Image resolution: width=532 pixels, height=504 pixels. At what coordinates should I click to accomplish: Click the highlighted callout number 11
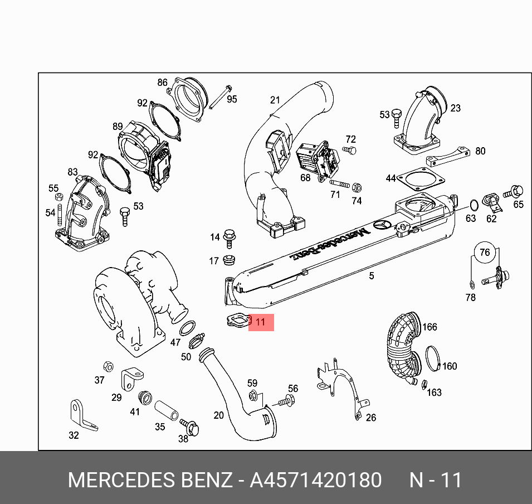point(260,322)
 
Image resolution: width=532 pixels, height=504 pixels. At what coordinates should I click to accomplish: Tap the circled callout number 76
point(485,253)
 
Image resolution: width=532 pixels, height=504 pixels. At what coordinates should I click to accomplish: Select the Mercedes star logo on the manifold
point(382,225)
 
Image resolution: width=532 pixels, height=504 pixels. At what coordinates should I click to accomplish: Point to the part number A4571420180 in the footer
point(315,480)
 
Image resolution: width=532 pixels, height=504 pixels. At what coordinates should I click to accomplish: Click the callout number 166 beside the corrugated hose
point(429,327)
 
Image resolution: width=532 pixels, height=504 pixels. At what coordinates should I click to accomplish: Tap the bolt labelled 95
point(220,97)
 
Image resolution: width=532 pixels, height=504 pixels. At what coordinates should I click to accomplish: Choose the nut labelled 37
point(108,366)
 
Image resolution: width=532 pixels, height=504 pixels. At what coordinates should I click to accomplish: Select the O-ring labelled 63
point(474,205)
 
